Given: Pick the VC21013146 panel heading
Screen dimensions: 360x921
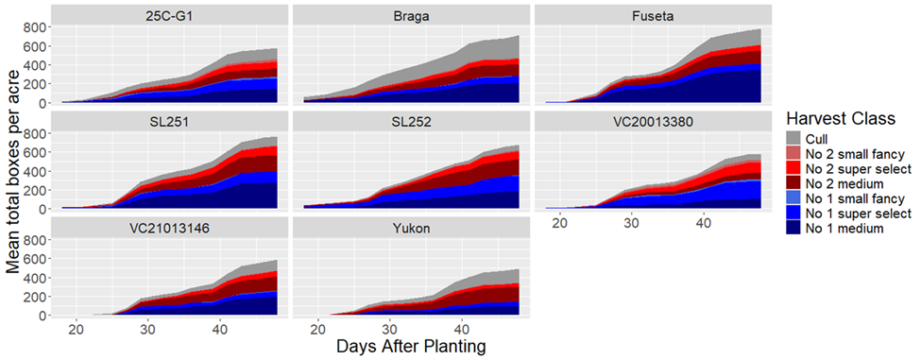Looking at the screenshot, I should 166,229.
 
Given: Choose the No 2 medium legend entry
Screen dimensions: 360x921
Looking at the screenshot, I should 840,183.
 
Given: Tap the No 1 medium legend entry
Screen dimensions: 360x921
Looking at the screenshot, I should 840,229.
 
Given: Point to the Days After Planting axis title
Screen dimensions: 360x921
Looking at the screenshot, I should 411,348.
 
